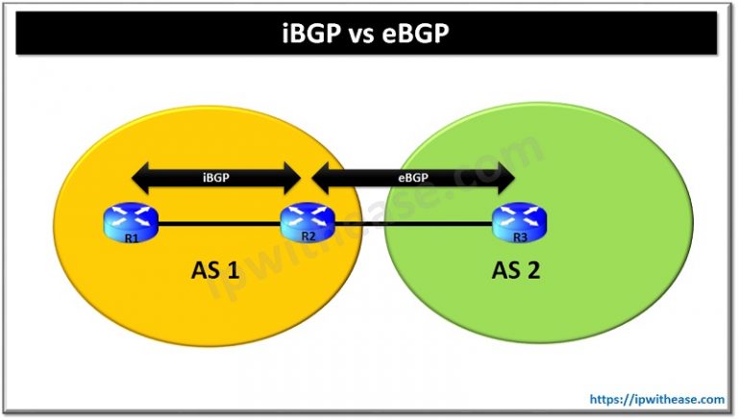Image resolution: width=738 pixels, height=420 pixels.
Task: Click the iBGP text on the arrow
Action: (x=216, y=177)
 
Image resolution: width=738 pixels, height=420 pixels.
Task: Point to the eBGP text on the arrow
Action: (x=413, y=177)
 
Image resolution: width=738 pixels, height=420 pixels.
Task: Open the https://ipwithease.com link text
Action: (x=657, y=396)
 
